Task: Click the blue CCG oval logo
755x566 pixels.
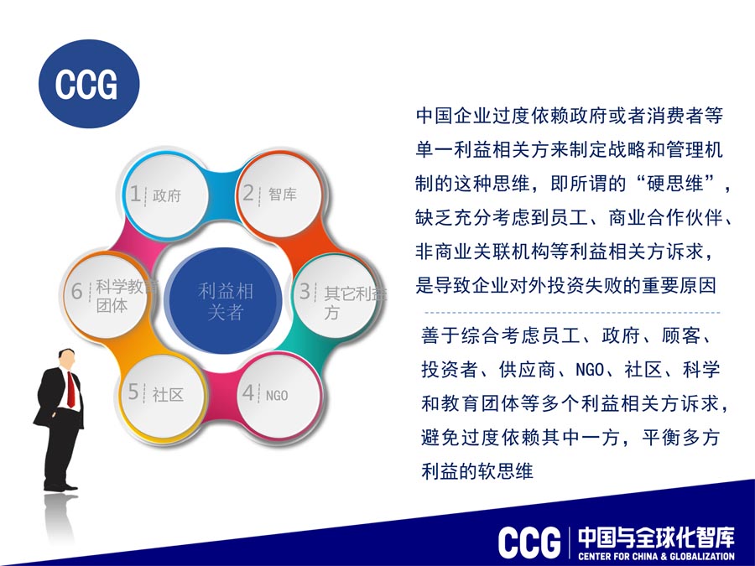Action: [x=89, y=84]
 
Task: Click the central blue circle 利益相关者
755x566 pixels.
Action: [x=224, y=300]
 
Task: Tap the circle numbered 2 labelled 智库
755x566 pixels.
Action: [x=279, y=195]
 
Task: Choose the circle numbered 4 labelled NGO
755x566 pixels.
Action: [x=279, y=396]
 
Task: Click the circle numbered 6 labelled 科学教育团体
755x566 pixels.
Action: [x=106, y=295]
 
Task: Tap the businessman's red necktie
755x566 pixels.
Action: [x=70, y=390]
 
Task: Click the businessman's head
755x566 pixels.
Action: [x=66, y=358]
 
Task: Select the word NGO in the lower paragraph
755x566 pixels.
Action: [x=590, y=370]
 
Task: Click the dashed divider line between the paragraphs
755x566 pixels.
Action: [x=572, y=313]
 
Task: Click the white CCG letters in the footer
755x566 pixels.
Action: [x=529, y=543]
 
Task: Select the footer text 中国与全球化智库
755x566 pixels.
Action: [x=657, y=537]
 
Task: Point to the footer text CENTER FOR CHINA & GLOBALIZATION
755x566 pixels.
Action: [x=657, y=557]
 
